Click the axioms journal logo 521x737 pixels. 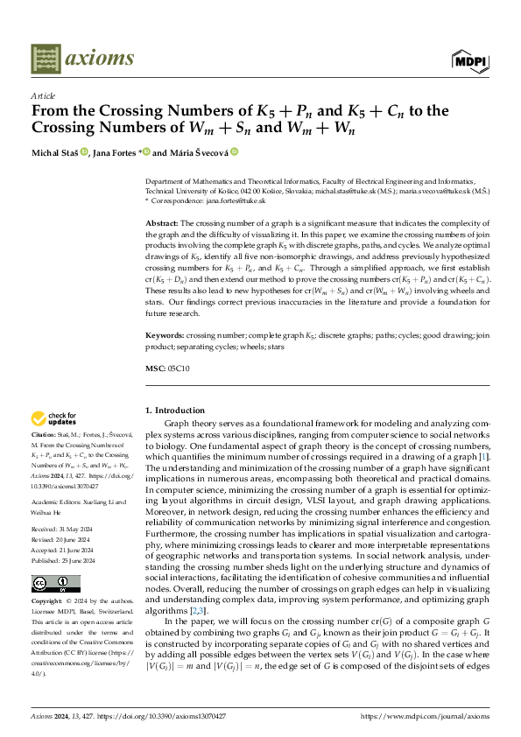pos(82,59)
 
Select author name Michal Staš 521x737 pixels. pos(55,151)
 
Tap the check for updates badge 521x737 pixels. pos(53,419)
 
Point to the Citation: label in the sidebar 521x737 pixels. pos(44,433)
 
